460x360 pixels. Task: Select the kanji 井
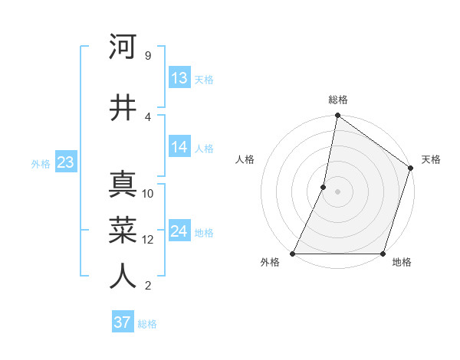(x=123, y=107)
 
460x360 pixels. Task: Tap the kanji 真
(x=123, y=185)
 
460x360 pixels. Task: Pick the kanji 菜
(x=123, y=231)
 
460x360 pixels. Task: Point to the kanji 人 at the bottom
(x=123, y=277)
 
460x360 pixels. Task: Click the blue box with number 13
(x=179, y=78)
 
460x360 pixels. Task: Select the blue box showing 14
(x=179, y=147)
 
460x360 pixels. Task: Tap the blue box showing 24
(x=179, y=231)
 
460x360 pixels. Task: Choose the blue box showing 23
(x=65, y=162)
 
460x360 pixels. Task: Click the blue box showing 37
(x=122, y=322)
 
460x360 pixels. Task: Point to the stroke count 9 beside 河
(x=147, y=55)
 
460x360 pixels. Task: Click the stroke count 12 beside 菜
(x=149, y=240)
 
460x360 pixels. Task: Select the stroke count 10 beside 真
(x=149, y=194)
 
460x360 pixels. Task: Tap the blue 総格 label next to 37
(x=147, y=324)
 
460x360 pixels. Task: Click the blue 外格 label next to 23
(x=41, y=163)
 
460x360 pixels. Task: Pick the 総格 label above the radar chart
(x=338, y=100)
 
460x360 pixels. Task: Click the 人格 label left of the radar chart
(x=245, y=159)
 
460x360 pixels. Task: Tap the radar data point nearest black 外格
(x=293, y=254)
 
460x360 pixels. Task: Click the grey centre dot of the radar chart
(x=338, y=191)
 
